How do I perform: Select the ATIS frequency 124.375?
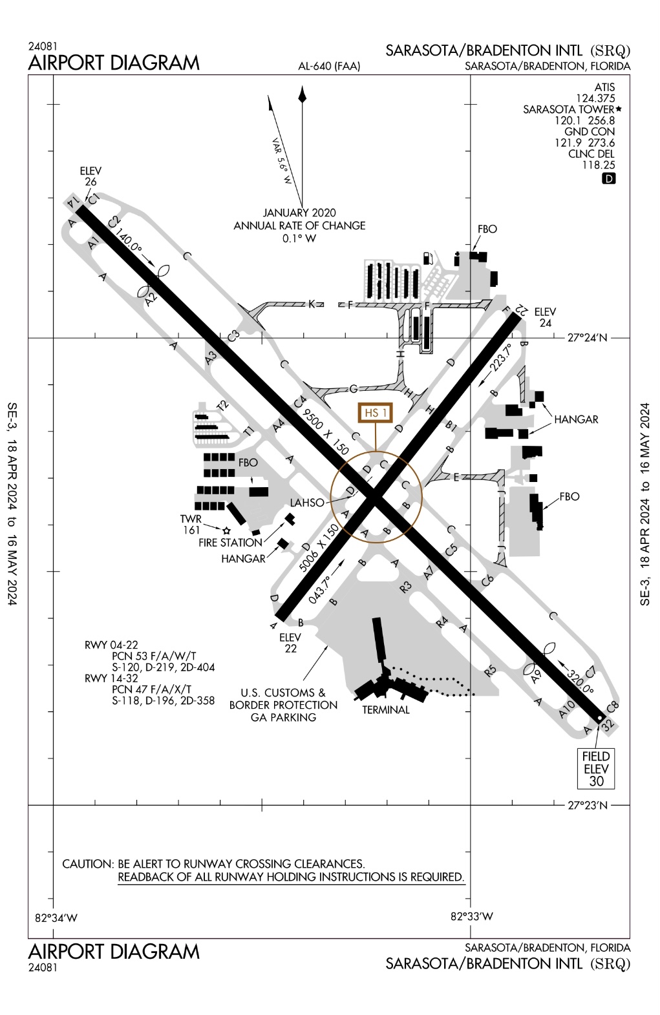[x=597, y=98]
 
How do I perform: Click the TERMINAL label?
[x=385, y=709]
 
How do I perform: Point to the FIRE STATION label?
[x=230, y=543]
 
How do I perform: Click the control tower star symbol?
[x=226, y=530]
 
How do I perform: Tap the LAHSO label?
[x=307, y=503]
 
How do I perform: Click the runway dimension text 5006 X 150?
[x=319, y=548]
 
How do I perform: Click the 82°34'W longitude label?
[x=56, y=917]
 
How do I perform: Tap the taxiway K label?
[x=312, y=304]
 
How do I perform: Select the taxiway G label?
[x=353, y=388]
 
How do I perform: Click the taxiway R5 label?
[x=490, y=670]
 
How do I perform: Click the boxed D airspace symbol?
[x=608, y=178]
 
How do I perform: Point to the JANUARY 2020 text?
[x=299, y=213]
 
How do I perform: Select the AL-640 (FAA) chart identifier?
[x=329, y=66]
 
